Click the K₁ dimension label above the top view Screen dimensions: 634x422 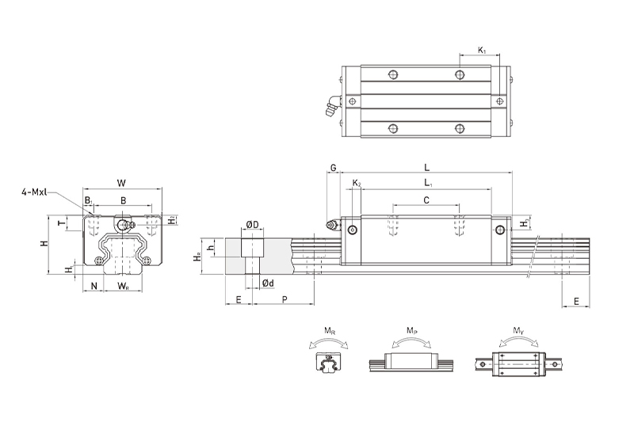(x=482, y=50)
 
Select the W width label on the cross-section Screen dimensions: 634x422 (x=121, y=183)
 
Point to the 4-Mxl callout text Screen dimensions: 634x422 (x=34, y=192)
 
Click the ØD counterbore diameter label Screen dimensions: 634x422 (x=252, y=223)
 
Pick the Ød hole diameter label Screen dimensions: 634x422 (x=268, y=283)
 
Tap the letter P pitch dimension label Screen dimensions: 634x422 (x=285, y=299)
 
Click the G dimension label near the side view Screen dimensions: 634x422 (x=333, y=168)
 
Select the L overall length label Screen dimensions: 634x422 (x=426, y=168)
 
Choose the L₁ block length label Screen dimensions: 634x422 (x=428, y=183)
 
